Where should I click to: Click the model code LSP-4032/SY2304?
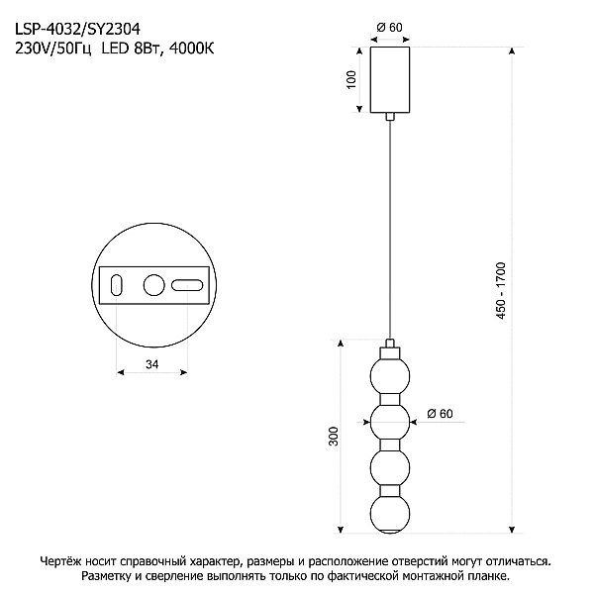(77, 29)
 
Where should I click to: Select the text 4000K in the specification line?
(191, 49)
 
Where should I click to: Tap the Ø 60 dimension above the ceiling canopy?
(389, 28)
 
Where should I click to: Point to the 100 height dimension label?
(351, 79)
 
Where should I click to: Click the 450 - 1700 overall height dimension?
(501, 290)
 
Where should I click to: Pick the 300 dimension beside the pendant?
(333, 436)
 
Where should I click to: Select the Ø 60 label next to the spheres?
(440, 413)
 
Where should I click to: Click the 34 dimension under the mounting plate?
(151, 364)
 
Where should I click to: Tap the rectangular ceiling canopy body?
(390, 79)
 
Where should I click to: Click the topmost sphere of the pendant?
(390, 376)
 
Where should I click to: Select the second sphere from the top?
(390, 422)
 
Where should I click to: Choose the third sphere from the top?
(390, 468)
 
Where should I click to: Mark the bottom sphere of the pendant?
(390, 514)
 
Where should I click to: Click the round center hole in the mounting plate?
(154, 285)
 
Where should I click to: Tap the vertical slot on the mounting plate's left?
(116, 285)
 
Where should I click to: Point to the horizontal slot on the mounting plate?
(187, 286)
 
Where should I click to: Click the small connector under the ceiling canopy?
(390, 117)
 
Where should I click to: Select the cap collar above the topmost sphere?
(390, 353)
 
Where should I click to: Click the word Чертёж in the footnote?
(59, 561)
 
